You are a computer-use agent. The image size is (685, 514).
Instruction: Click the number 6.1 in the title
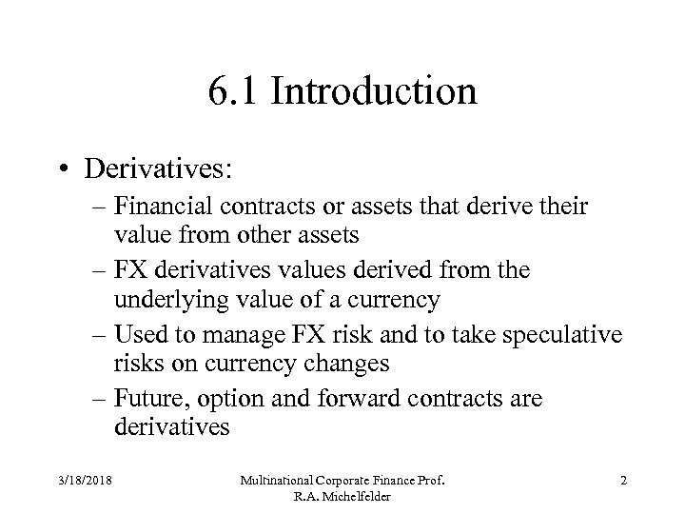[x=230, y=92]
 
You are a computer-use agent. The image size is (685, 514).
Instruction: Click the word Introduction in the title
[x=374, y=92]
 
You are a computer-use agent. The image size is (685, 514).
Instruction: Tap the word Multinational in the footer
[x=285, y=482]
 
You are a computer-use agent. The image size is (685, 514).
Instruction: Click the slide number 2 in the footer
[x=622, y=482]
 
